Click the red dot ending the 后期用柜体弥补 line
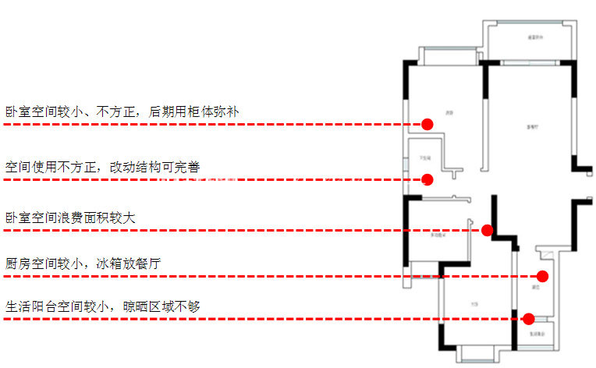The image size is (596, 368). pos(427,124)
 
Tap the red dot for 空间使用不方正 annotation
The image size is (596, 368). pos(427,180)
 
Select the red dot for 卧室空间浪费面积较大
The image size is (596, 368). pos(487,230)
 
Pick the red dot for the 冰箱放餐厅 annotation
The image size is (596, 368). pos(543,276)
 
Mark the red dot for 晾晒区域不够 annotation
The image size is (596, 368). pos(528,318)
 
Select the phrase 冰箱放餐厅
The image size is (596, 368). pos(129,264)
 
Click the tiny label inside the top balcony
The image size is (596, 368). pos(534,37)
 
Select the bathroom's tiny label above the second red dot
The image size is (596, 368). pos(425,157)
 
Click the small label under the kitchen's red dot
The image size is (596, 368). pos(536,287)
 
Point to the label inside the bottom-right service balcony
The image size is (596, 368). pos(534,334)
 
